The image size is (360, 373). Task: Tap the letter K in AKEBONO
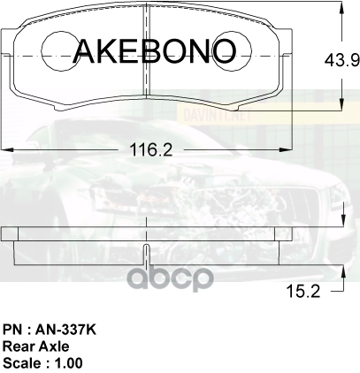point(110,50)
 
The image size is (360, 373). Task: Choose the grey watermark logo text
point(172,278)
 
